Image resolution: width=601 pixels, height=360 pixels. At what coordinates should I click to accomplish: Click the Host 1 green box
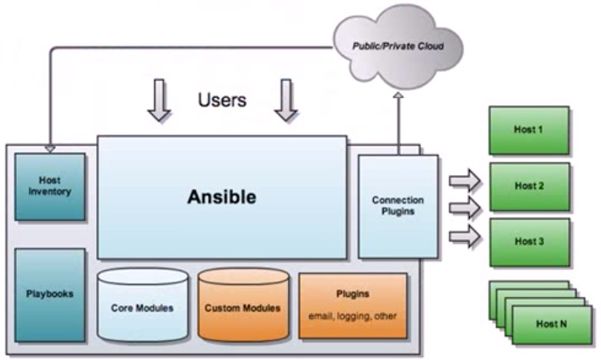point(529,130)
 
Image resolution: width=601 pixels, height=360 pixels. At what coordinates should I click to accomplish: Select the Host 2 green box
point(529,186)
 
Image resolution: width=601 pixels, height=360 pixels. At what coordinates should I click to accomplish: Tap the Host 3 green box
point(529,242)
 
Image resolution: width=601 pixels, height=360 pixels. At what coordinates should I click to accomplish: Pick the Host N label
point(552,324)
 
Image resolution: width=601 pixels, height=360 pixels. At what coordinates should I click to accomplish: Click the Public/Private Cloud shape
point(397,45)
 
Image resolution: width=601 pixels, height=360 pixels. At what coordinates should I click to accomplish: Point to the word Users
point(222,100)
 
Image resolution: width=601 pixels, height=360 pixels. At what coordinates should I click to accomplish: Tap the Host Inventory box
point(50,187)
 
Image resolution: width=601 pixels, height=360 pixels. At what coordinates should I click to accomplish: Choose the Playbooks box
point(50,294)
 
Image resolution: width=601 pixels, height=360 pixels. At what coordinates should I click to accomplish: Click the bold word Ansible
point(221,197)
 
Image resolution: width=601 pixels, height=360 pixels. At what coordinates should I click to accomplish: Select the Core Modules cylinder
point(142,306)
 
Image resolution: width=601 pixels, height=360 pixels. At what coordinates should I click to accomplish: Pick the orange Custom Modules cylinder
point(242,306)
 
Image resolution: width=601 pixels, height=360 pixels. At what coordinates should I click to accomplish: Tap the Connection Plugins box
point(398,206)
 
